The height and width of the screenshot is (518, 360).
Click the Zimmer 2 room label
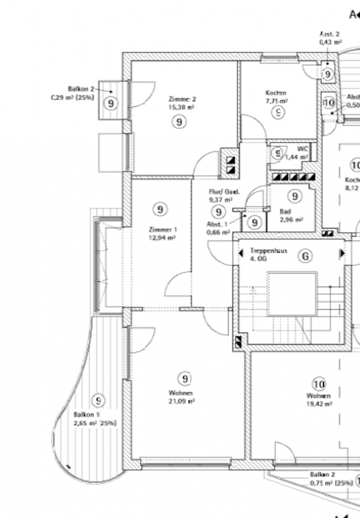(x=183, y=99)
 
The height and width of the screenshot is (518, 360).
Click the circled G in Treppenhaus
(x=306, y=256)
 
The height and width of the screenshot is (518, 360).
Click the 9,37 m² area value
(x=221, y=199)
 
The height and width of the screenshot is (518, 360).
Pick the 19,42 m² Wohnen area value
(x=320, y=404)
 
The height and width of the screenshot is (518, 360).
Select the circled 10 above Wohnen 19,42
(x=319, y=384)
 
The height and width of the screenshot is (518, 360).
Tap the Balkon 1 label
(x=86, y=414)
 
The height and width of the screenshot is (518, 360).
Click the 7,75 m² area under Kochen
(x=276, y=101)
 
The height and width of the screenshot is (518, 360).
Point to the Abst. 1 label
(x=217, y=224)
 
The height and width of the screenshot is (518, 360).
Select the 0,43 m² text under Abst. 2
(x=331, y=42)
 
